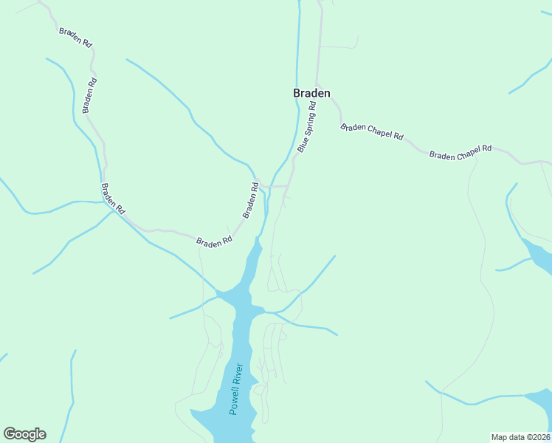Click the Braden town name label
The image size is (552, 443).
(311, 93)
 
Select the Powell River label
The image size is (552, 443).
(236, 388)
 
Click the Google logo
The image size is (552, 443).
(24, 434)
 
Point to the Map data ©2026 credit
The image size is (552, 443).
(521, 437)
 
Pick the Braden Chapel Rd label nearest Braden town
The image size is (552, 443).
(372, 132)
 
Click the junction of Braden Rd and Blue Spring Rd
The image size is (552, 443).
(288, 185)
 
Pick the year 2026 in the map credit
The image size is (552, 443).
(541, 437)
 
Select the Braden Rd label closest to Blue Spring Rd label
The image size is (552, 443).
(252, 201)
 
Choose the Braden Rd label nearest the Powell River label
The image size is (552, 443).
(214, 241)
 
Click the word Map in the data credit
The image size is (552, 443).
(500, 437)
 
